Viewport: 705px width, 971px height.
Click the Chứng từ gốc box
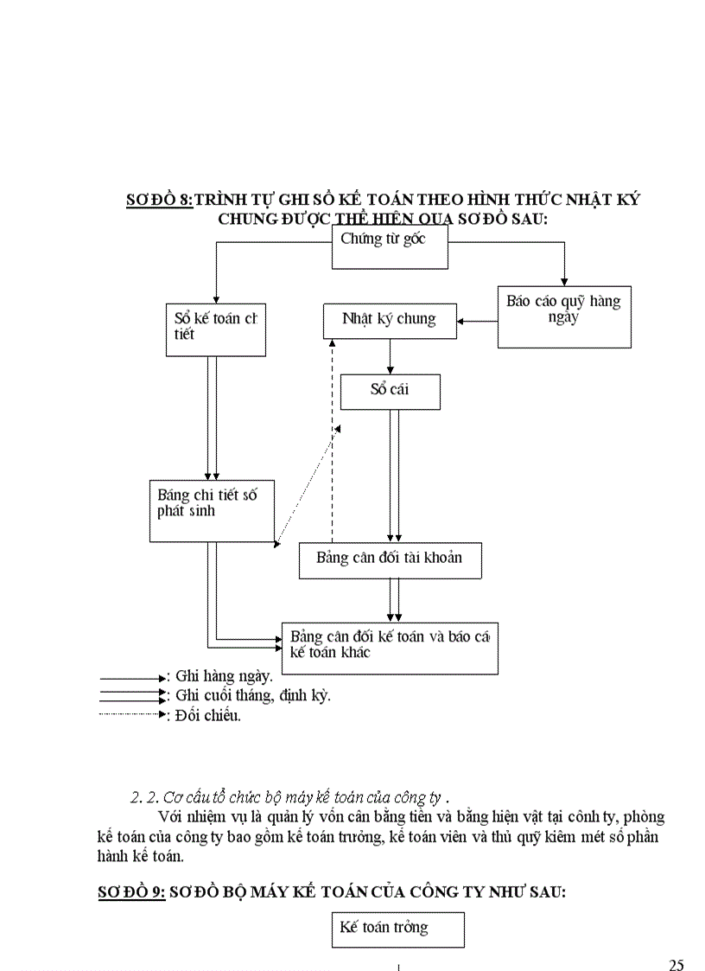(391, 247)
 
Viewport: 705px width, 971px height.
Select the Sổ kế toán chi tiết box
(215, 329)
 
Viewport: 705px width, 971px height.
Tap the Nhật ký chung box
(390, 320)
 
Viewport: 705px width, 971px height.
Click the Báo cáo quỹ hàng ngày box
(564, 316)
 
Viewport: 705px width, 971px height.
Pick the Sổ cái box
(391, 391)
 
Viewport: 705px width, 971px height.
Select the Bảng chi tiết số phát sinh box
(212, 510)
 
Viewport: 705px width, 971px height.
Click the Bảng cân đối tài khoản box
(390, 559)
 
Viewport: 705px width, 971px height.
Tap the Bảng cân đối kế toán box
(390, 647)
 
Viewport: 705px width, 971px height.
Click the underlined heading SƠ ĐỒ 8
(160, 200)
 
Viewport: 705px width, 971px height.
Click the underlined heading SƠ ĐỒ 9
(130, 893)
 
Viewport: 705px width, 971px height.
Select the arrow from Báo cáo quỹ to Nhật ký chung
(479, 322)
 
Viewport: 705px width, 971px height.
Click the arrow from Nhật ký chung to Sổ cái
(391, 355)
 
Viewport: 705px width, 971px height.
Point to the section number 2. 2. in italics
(140, 796)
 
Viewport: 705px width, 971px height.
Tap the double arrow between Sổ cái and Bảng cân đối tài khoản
(394, 476)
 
